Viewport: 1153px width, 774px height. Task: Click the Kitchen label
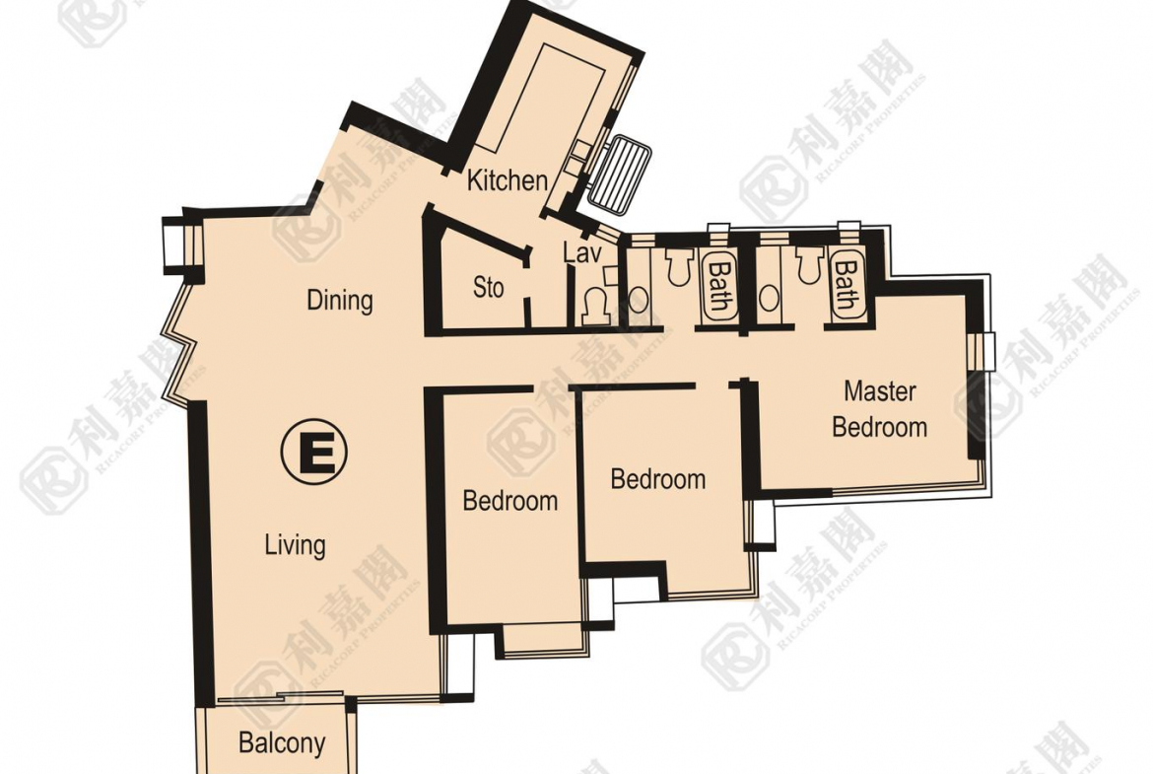(508, 180)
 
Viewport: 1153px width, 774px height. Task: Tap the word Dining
(340, 300)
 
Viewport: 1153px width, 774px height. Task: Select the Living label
(295, 545)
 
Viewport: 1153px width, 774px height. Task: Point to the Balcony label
(282, 743)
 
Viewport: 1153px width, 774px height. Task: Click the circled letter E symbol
(314, 451)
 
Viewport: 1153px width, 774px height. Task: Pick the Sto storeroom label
(488, 287)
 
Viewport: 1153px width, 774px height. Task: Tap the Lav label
(582, 253)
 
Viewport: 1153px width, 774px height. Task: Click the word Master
(879, 390)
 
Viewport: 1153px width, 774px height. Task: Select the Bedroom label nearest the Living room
(509, 500)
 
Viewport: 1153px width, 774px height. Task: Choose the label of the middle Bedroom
(658, 479)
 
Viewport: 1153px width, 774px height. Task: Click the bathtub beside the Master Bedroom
(847, 286)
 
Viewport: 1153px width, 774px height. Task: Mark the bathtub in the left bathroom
(718, 286)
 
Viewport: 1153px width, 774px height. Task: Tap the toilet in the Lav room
(595, 308)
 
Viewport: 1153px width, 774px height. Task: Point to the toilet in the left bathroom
(679, 265)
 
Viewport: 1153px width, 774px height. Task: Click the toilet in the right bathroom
(807, 265)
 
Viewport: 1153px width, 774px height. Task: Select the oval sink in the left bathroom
(639, 300)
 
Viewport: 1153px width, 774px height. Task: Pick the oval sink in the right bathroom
(769, 298)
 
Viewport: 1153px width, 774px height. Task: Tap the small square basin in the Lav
(611, 274)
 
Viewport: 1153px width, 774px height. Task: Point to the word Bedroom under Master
(879, 427)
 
